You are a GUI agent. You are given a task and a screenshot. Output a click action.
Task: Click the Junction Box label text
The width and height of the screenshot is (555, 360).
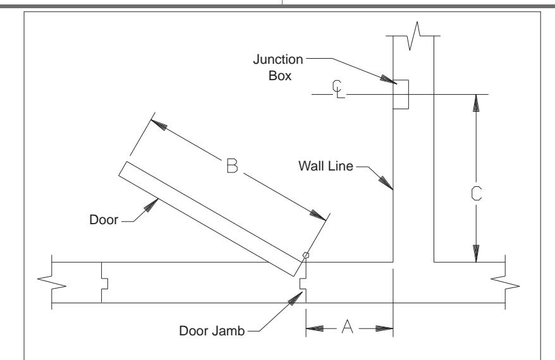[x=278, y=68]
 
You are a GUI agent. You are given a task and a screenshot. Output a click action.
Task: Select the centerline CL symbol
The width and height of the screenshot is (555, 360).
[x=338, y=89]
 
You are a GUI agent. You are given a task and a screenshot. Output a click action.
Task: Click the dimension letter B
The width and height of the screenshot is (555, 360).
[x=232, y=166]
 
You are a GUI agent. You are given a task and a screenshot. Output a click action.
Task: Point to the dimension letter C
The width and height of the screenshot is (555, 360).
[x=477, y=194]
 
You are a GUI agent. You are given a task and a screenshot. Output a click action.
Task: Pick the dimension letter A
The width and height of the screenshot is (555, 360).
[x=347, y=326]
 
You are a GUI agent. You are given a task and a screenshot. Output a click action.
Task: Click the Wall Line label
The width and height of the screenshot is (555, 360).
[x=326, y=166]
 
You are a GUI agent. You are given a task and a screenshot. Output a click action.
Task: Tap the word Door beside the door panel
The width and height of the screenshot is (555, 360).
[x=104, y=220]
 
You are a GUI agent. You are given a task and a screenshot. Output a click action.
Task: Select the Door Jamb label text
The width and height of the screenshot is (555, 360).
[x=212, y=331]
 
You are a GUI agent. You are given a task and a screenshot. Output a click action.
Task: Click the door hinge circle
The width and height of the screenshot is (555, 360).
[x=306, y=255]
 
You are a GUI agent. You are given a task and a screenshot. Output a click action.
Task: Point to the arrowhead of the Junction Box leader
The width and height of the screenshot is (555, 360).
[x=389, y=80]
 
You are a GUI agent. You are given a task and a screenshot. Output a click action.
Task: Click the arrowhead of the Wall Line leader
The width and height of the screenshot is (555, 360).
[x=386, y=183]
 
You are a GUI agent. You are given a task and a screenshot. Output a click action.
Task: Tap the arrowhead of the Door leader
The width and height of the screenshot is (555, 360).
[x=151, y=205]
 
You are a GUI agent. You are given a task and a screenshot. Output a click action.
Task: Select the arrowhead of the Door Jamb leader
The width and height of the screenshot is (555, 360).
[x=295, y=299]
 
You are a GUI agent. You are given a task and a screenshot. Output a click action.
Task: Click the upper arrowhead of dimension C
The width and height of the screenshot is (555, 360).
[x=476, y=103]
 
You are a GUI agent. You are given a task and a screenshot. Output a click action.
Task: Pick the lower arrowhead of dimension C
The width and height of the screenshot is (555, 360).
[x=476, y=253]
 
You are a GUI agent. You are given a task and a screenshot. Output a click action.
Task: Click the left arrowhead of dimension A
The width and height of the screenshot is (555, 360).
[x=315, y=328]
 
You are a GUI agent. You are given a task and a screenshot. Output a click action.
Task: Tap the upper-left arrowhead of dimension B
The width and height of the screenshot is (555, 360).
[x=159, y=125]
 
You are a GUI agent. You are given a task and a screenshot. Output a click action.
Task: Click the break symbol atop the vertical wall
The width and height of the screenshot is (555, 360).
[x=413, y=36]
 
